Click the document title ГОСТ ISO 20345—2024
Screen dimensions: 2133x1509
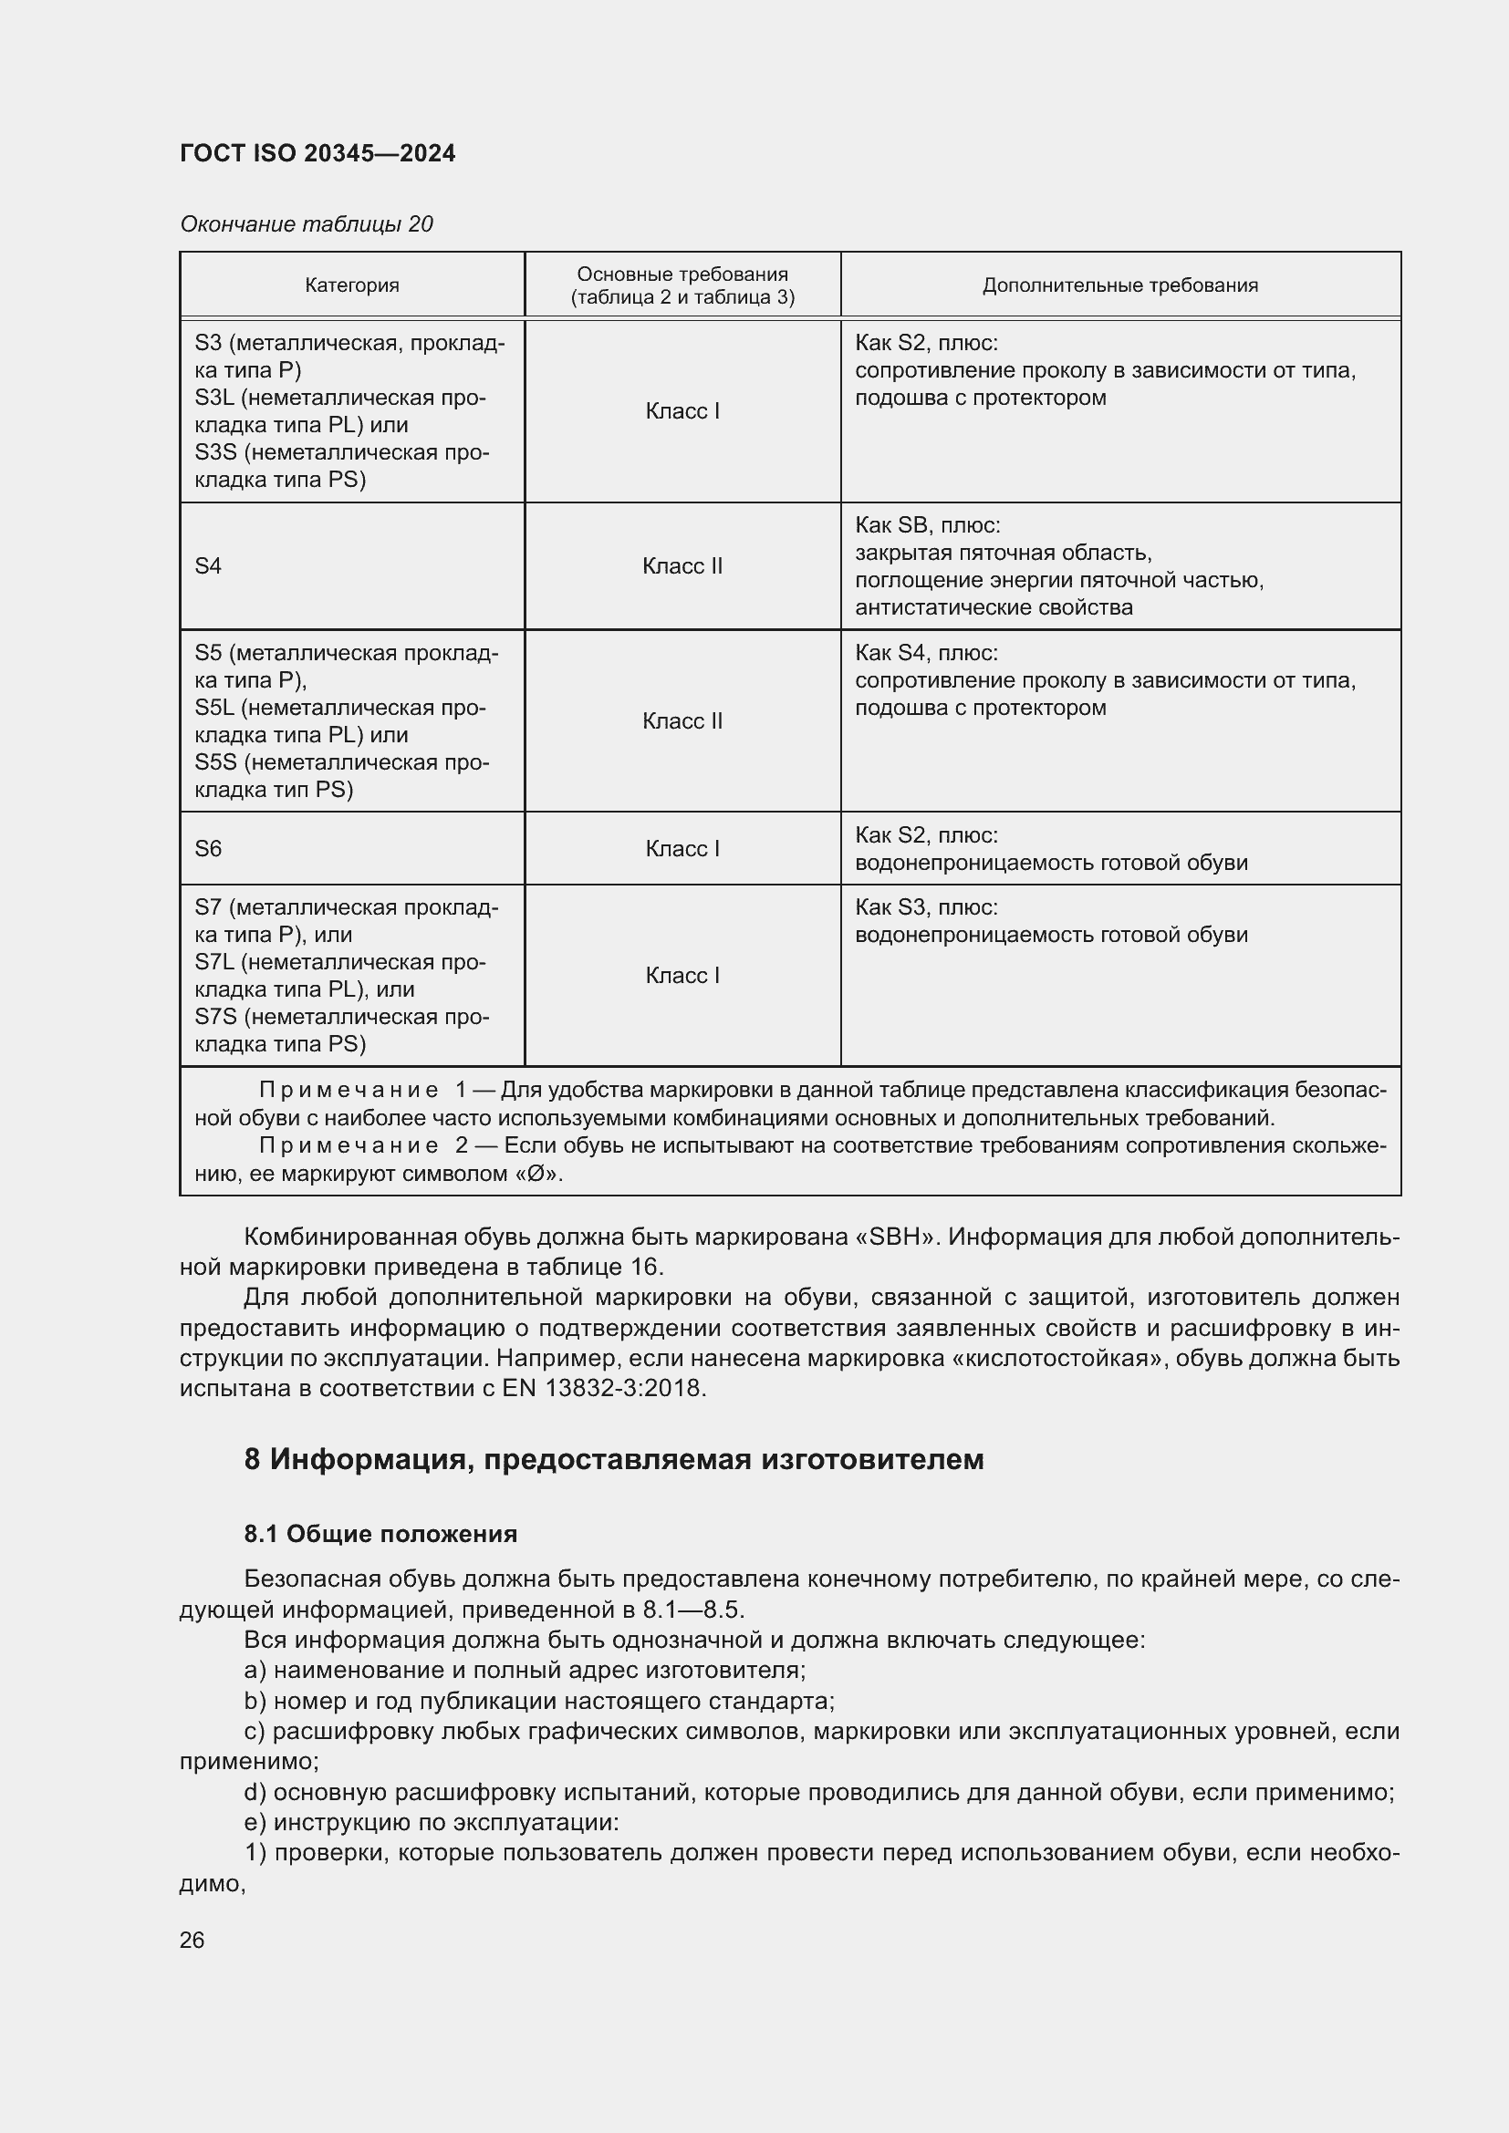[317, 153]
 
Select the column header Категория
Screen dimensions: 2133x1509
[352, 285]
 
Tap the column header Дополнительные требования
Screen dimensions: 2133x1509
[1119, 285]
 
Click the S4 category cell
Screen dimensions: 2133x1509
[208, 565]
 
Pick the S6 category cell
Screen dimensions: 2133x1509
[208, 848]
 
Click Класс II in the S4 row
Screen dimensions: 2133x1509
[682, 565]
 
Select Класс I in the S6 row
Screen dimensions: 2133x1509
[682, 848]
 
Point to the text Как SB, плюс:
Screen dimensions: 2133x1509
[927, 525]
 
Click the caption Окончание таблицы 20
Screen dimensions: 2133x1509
[306, 224]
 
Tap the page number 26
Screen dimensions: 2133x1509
[193, 1940]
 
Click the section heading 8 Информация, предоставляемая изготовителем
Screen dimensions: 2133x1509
[613, 1459]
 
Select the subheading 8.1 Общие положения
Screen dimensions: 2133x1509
[380, 1534]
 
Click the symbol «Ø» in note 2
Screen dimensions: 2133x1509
[536, 1174]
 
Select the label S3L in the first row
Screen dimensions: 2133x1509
[214, 398]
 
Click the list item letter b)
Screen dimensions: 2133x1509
[255, 1701]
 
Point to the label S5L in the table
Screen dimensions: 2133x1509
[214, 708]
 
